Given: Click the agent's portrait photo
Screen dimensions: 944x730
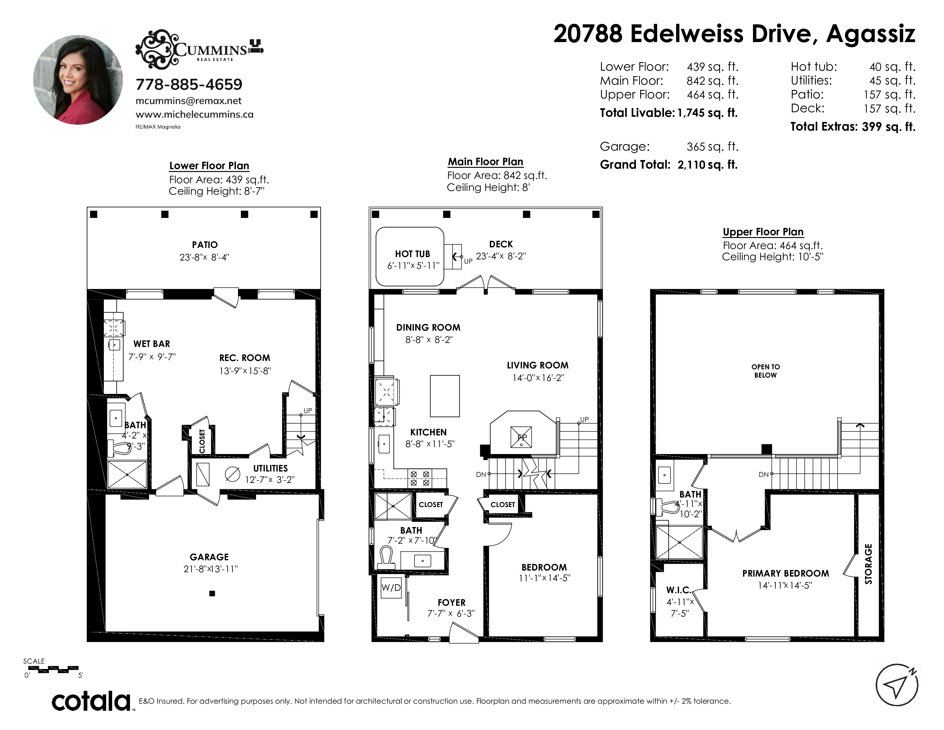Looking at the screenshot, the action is (x=78, y=80).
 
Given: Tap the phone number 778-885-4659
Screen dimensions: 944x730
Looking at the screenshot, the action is (x=189, y=84).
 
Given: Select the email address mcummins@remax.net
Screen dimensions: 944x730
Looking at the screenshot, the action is (x=189, y=101).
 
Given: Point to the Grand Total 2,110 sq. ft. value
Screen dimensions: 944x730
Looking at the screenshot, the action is (x=707, y=165).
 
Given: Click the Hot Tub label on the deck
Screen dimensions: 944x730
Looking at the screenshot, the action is (x=412, y=254).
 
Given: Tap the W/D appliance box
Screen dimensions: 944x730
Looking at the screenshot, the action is (x=391, y=588).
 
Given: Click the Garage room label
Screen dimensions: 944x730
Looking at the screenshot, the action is (x=209, y=557).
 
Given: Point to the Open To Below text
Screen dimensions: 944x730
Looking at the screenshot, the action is (x=765, y=371).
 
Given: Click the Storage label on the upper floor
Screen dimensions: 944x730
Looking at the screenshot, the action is (x=868, y=564).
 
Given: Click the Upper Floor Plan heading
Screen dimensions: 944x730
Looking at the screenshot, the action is (x=763, y=232).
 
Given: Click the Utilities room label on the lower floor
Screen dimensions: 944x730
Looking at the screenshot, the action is (x=270, y=468).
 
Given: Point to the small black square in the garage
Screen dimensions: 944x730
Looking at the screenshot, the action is (x=212, y=593).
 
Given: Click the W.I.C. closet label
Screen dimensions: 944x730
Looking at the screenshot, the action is (x=679, y=590).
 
